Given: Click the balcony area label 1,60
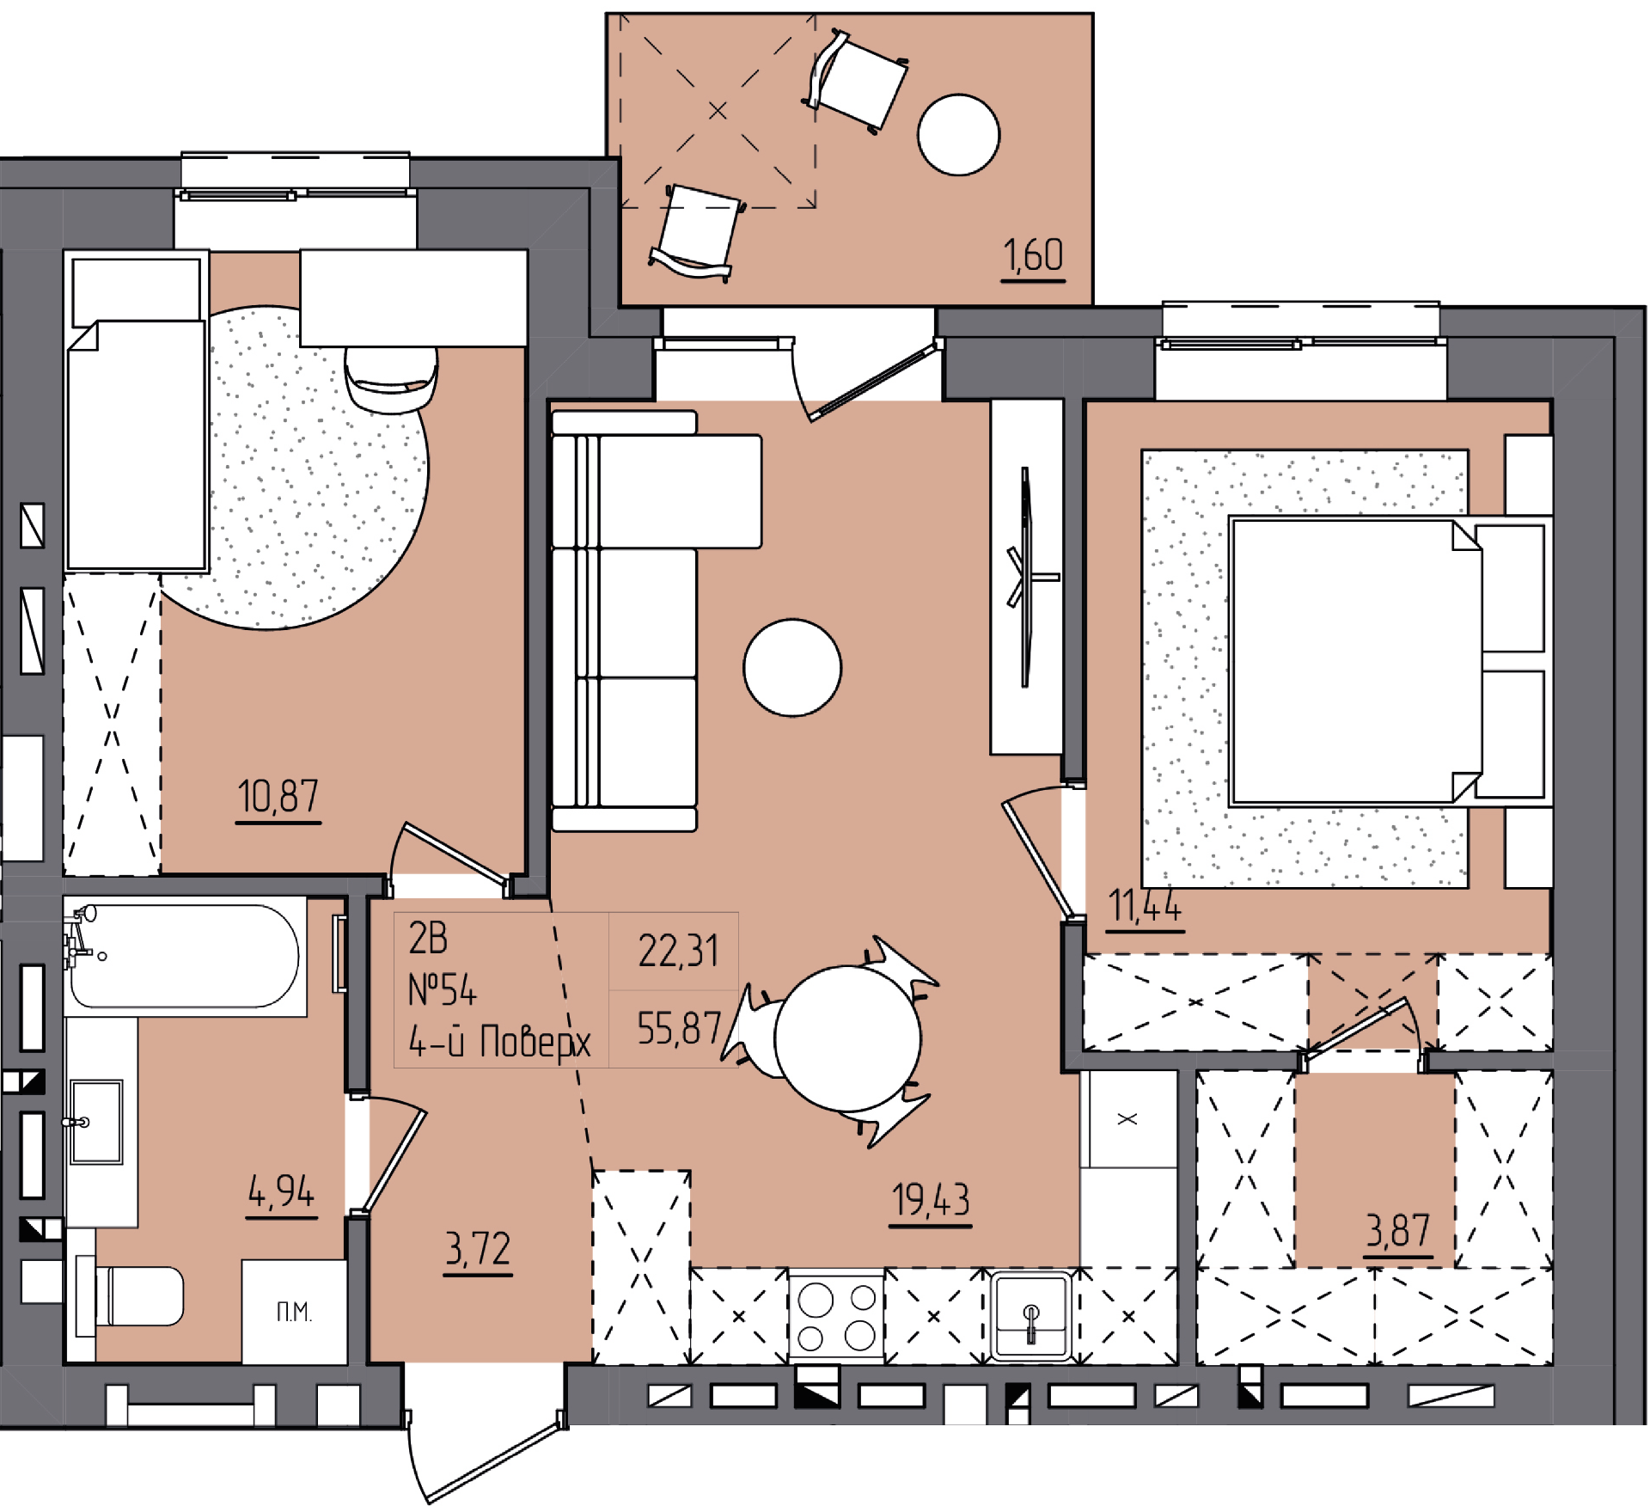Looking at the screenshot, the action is (x=1033, y=255).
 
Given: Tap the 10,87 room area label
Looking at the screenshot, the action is (x=278, y=796).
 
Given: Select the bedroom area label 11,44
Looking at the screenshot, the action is (x=1145, y=905).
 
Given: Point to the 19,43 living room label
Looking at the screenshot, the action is (x=931, y=1200).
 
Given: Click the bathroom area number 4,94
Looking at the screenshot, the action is (x=281, y=1191).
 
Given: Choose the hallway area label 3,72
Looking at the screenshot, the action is (x=478, y=1249).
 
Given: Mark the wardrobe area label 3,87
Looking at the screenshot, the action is (x=1398, y=1231).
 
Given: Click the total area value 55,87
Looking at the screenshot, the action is (x=679, y=1028).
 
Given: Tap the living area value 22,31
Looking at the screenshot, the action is (x=678, y=952).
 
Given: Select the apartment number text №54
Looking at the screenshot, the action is (x=442, y=990).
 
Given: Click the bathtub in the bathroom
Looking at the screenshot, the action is (x=185, y=955).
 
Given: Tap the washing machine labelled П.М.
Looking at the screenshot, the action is (x=294, y=1312).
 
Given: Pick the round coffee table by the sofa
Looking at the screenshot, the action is (x=792, y=668).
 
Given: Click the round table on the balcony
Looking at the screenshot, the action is (x=958, y=135).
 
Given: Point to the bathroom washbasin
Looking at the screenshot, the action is (x=96, y=1123).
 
